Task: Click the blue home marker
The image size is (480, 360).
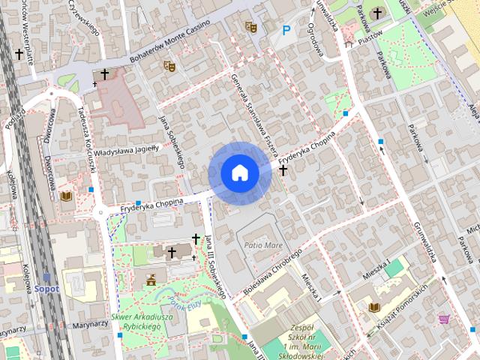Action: (240, 172)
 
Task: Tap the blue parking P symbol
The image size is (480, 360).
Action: (286, 31)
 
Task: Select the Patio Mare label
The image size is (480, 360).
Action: (259, 245)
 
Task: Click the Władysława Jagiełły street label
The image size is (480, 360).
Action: (127, 148)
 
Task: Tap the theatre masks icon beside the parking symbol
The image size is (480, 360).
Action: (250, 27)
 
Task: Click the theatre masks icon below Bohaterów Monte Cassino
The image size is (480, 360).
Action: (169, 66)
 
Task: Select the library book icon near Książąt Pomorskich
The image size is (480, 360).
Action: (374, 307)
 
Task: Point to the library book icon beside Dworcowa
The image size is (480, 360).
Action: (65, 196)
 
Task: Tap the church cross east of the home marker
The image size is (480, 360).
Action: (283, 170)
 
